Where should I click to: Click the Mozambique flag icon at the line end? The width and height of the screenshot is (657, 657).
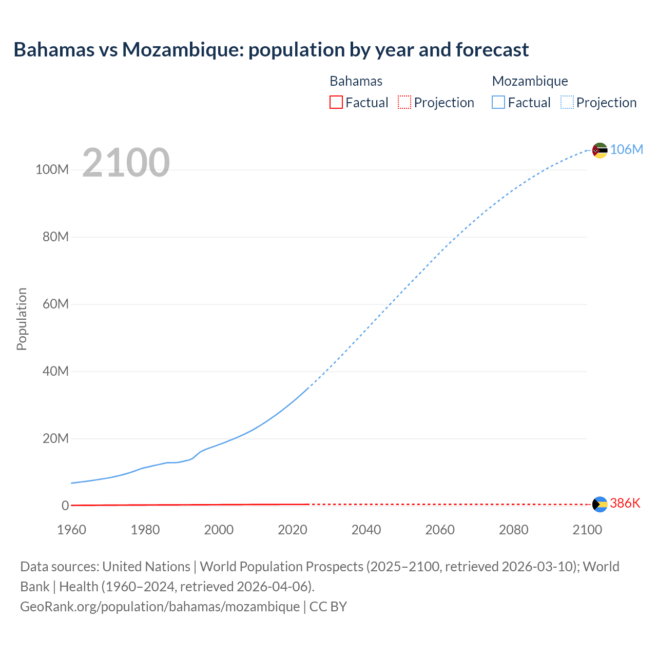coord(600,150)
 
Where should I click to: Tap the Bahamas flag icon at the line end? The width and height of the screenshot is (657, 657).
coord(600,504)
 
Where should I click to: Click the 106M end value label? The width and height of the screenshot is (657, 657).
coord(626,149)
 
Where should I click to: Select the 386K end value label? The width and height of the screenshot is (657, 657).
coord(625,503)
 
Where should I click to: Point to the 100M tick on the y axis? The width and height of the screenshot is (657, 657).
coord(52,170)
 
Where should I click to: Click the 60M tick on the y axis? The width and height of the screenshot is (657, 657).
coord(55,304)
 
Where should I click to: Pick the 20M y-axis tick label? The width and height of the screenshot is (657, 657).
coord(55,438)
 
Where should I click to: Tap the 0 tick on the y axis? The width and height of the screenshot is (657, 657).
coord(65,506)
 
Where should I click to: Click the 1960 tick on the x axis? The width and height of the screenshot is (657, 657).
coord(71,530)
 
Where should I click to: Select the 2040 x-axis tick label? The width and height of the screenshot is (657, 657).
coord(366,530)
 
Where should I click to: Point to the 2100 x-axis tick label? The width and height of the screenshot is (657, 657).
coord(587,530)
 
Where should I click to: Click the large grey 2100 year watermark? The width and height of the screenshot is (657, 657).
coord(126,163)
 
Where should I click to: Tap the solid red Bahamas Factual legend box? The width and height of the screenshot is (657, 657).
coord(336,103)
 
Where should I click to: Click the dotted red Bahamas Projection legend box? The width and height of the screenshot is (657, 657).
coord(404,103)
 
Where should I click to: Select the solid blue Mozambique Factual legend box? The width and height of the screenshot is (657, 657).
coord(498,103)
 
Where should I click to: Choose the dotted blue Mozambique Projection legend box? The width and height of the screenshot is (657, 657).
coord(567,103)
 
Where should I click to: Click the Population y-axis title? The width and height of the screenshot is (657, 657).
coord(22,319)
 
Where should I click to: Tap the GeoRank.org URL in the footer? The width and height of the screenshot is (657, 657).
coord(160,607)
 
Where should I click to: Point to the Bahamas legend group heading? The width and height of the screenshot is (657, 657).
coord(356,81)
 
